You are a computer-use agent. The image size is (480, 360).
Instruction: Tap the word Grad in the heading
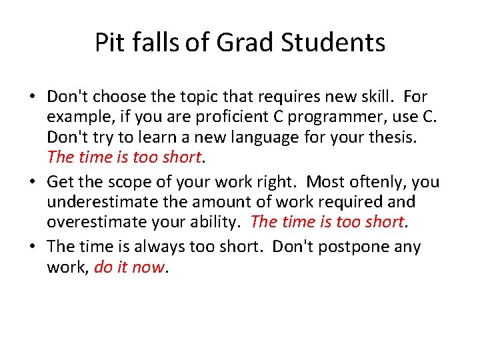point(247,43)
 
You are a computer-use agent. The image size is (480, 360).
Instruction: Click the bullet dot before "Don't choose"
point(33,97)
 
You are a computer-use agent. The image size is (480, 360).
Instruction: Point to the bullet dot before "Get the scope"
point(33,183)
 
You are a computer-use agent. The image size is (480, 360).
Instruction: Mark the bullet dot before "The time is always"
point(33,247)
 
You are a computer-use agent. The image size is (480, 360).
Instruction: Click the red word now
point(149,268)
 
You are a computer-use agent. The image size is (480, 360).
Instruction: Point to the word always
point(161,247)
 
